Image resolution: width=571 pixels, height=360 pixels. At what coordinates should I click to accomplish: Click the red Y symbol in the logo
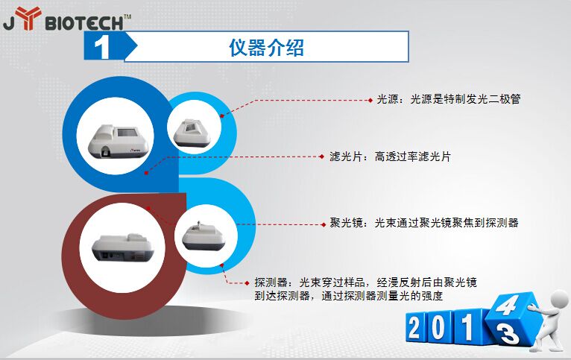click(28, 17)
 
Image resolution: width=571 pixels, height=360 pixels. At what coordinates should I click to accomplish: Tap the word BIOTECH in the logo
click(84, 24)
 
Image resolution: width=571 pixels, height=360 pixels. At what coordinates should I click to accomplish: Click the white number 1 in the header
click(101, 47)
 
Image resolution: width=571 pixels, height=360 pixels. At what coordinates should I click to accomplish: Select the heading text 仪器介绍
click(266, 47)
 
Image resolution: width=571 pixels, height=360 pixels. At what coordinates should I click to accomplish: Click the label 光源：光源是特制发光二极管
click(449, 99)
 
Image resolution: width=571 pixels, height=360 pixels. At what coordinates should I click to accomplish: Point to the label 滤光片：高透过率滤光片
click(390, 157)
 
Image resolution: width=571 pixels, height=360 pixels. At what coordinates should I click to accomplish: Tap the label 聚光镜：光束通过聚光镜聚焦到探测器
click(424, 222)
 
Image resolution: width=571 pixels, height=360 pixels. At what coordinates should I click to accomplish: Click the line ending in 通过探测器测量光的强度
click(349, 296)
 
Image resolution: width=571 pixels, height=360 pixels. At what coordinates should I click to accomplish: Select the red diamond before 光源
click(370, 100)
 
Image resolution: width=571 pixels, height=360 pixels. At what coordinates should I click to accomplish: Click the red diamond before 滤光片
click(321, 157)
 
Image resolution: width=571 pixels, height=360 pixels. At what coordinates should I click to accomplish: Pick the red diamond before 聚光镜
click(324, 224)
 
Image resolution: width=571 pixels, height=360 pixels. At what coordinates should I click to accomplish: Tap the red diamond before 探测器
click(247, 282)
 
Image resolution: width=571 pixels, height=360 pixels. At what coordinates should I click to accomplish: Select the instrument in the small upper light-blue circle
click(192, 133)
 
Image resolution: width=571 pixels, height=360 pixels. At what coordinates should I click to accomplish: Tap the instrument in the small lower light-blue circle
click(204, 236)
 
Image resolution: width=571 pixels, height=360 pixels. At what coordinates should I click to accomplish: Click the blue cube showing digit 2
click(415, 327)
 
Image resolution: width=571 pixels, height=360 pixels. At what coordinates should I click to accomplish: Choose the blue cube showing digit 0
click(439, 327)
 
